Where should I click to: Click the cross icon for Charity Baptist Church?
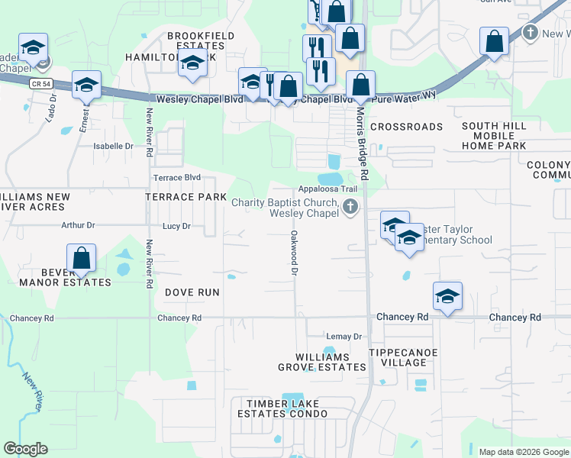click(x=350, y=207)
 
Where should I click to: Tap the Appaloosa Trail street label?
click(x=327, y=189)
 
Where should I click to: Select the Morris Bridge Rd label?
click(x=363, y=153)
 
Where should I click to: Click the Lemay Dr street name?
click(x=343, y=337)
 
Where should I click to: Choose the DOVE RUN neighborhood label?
click(x=192, y=292)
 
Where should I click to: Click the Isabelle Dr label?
click(x=113, y=146)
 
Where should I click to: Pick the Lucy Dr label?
click(x=176, y=226)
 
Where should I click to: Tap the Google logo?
click(x=26, y=449)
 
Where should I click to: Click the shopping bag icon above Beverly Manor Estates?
click(x=81, y=259)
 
